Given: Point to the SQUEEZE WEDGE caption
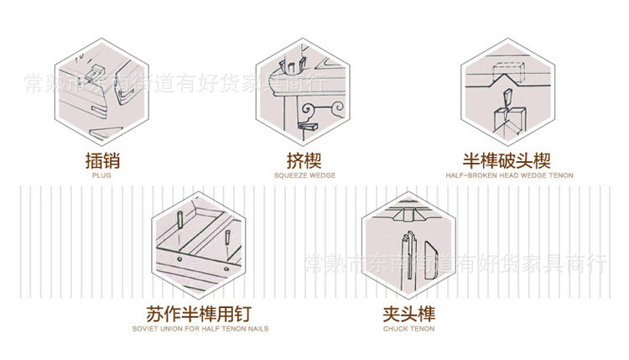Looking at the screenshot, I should point(304,176).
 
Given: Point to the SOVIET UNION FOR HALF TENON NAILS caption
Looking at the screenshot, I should point(200,329).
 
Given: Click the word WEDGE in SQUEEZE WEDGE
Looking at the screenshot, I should point(321,176).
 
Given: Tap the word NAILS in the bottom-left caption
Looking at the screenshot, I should point(257,329).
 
